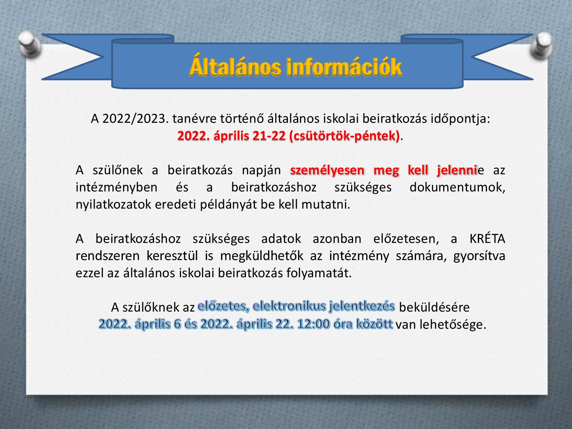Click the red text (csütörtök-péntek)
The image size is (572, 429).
pos(344,136)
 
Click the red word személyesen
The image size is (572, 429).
pos(327,170)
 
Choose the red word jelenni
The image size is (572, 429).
pos(457,170)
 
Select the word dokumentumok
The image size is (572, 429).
pos(457,187)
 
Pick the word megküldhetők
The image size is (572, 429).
pos(262,256)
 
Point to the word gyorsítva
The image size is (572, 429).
pos(479,256)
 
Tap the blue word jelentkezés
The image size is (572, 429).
pos(362,306)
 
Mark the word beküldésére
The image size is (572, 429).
pos(434,307)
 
